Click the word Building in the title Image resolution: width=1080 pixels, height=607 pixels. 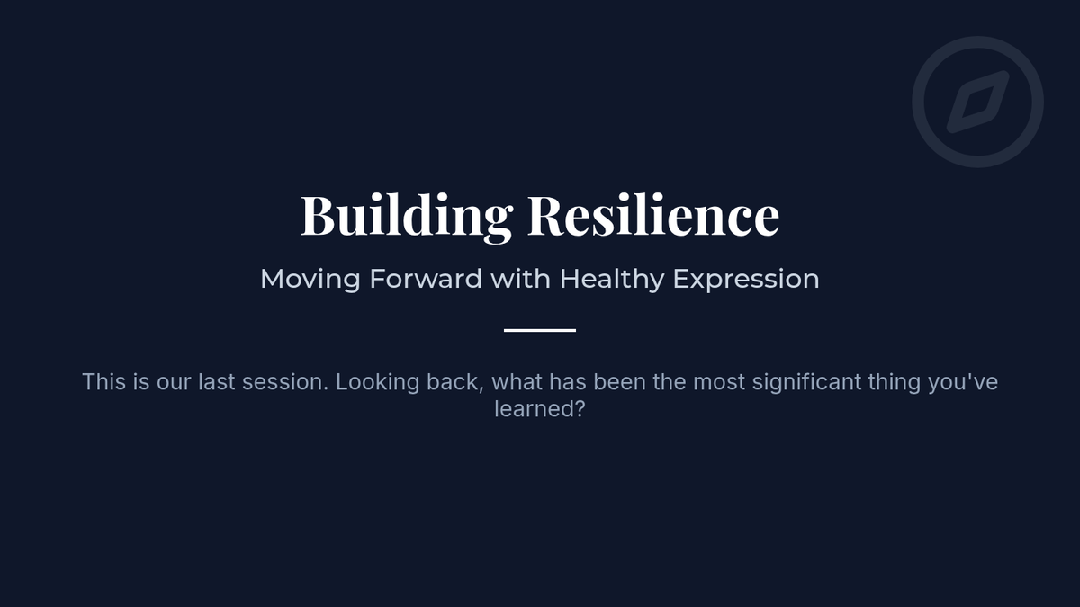[407, 215]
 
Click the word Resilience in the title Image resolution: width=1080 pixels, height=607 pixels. [653, 214]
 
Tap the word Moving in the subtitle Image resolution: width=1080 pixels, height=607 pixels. [310, 280]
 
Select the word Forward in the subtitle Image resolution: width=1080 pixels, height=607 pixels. [426, 279]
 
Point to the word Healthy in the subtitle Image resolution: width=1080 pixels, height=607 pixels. [612, 280]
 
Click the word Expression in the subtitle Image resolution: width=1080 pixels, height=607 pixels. [746, 280]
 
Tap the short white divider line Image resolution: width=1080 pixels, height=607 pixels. [540, 331]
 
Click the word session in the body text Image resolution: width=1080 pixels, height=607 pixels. [285, 382]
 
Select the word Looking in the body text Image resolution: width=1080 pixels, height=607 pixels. [377, 383]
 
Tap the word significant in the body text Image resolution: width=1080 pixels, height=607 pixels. [806, 383]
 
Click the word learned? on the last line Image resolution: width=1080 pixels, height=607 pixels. [540, 409]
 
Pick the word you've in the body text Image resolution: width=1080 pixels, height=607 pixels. [963, 382]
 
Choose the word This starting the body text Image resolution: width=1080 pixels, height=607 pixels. [104, 382]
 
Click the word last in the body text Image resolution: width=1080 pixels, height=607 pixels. [217, 382]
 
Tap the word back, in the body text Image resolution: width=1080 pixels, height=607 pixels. [455, 382]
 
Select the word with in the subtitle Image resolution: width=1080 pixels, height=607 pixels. [521, 279]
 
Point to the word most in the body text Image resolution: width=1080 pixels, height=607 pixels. [719, 382]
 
